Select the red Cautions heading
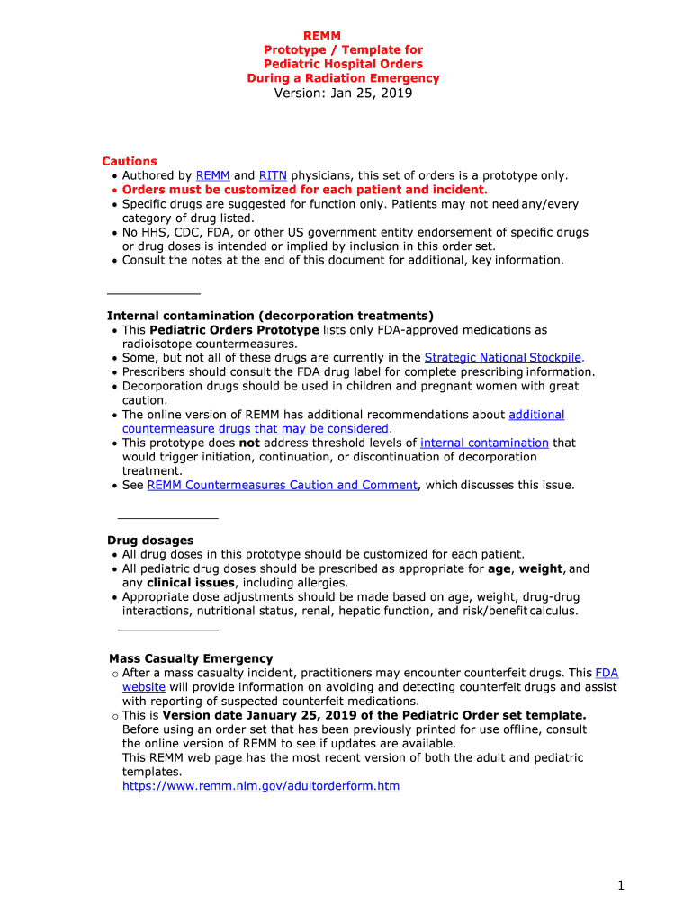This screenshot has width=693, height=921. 130,161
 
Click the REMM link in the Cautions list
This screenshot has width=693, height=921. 212,175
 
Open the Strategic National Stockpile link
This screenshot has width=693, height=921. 504,358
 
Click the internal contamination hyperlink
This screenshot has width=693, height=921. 484,443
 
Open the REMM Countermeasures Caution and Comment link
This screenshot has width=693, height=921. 282,485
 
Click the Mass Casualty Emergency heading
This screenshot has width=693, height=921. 191,658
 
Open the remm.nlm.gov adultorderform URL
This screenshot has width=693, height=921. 261,786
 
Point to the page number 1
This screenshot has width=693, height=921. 621,886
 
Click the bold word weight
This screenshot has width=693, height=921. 541,568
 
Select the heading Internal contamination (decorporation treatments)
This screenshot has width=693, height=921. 270,316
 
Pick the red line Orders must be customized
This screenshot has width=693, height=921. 304,190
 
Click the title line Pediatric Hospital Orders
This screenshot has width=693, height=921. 343,64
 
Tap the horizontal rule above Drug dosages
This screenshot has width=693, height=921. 168,518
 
